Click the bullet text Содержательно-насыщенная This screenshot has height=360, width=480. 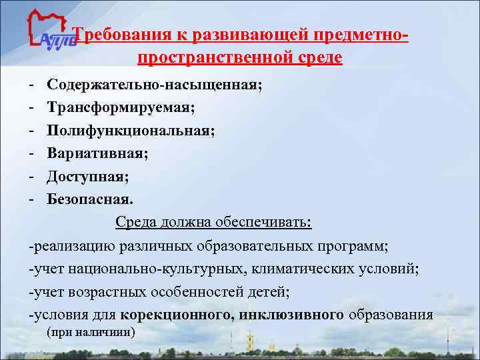click(x=155, y=85)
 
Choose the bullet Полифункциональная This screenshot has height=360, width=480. click(x=131, y=131)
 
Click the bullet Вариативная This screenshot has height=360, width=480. click(x=97, y=153)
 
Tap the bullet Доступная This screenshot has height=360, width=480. click(x=88, y=176)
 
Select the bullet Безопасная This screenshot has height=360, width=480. click(x=90, y=199)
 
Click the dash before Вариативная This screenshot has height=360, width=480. click(x=31, y=153)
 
